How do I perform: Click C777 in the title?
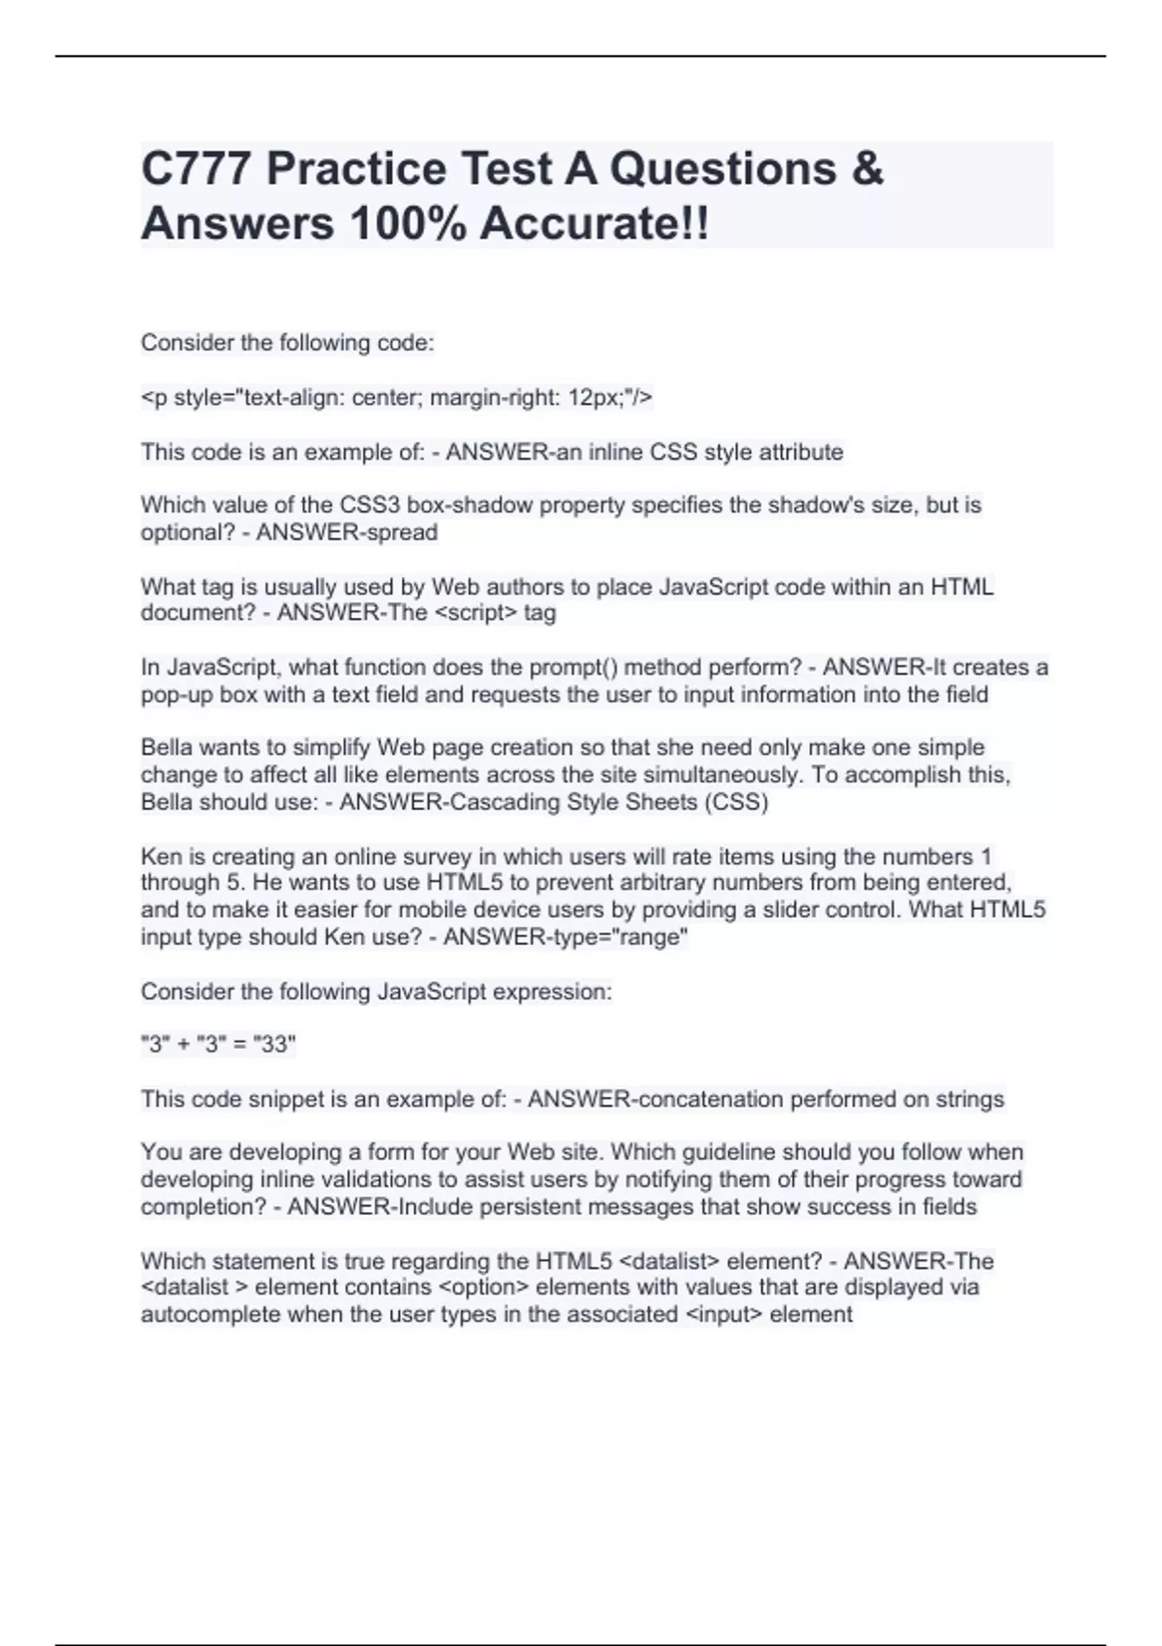pos(196,168)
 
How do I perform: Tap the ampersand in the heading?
pos(868,168)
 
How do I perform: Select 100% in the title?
pos(407,224)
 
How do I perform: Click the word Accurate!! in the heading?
pos(594,224)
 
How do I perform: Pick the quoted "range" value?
pos(648,937)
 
